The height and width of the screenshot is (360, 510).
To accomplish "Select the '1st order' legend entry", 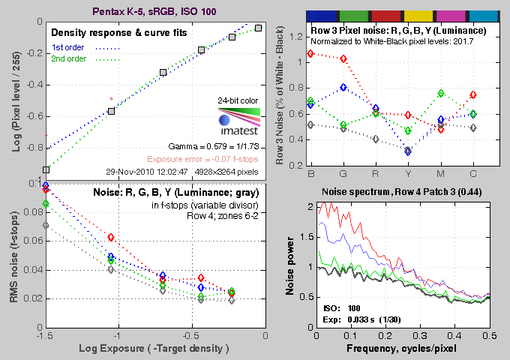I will (x=67, y=48).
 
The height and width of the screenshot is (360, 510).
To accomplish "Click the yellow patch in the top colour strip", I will (x=421, y=15).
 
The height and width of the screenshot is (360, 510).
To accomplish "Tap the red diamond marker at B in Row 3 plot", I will (x=311, y=54).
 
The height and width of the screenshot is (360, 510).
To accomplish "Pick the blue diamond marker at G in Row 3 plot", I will (x=343, y=87).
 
